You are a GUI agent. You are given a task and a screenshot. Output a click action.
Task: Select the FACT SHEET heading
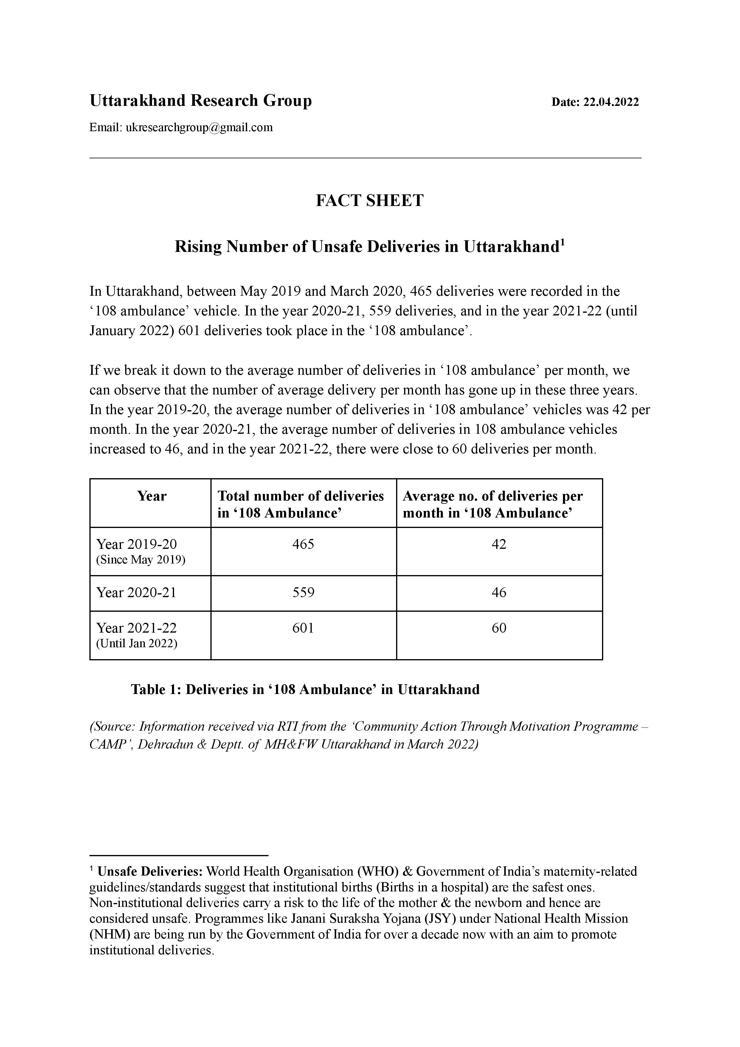click(x=370, y=201)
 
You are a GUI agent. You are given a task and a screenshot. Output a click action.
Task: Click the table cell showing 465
click(x=303, y=544)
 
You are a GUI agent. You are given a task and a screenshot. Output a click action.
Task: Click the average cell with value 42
click(x=499, y=544)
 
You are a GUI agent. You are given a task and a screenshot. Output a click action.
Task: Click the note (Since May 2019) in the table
click(x=140, y=560)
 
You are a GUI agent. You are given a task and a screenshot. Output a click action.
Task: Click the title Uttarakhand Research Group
click(x=201, y=100)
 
